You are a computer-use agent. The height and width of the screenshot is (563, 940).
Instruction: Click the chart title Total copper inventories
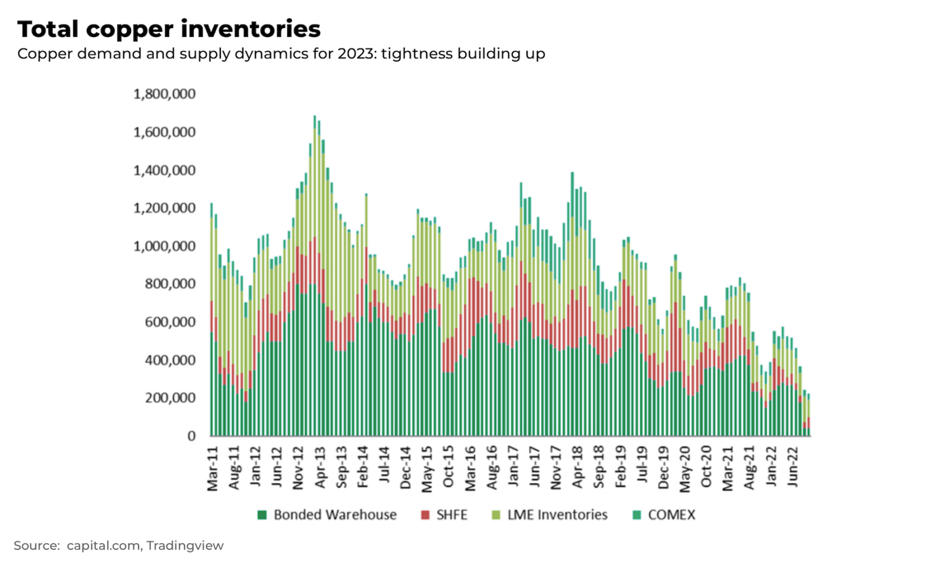(x=169, y=29)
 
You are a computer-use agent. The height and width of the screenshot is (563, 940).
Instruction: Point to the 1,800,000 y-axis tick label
(x=164, y=94)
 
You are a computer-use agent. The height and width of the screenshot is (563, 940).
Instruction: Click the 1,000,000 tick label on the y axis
(x=164, y=246)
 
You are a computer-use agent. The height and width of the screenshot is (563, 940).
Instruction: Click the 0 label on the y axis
(x=192, y=436)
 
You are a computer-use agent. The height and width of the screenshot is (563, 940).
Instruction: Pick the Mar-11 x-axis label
(x=213, y=468)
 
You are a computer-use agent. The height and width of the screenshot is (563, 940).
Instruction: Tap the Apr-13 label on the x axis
(x=320, y=467)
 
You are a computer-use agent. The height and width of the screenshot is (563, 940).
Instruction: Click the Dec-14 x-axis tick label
(x=406, y=468)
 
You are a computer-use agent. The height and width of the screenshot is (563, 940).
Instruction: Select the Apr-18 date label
(x=578, y=467)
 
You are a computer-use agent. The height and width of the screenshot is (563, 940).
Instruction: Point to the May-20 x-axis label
(x=685, y=468)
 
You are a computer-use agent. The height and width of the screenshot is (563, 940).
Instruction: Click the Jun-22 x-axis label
(x=793, y=467)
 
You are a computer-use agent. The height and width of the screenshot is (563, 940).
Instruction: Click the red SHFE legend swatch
(x=425, y=515)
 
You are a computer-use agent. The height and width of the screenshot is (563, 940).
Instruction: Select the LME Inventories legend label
(x=557, y=515)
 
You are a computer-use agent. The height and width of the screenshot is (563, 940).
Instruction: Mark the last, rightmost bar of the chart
(x=808, y=417)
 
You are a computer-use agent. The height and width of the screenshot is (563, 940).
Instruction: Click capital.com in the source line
(x=103, y=546)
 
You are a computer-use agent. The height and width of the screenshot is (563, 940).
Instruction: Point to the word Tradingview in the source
(x=185, y=546)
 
